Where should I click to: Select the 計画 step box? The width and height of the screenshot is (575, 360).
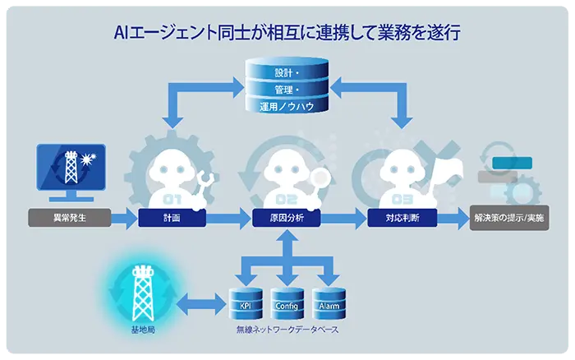pos(171,219)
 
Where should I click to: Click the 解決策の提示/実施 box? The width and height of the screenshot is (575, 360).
pos(508,219)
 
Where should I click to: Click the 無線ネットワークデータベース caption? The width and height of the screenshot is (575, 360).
pos(287,330)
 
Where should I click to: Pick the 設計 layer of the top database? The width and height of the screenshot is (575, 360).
pos(287,72)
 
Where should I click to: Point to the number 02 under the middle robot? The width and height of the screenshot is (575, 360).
pos(286,200)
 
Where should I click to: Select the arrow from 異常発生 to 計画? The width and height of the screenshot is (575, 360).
pos(124,219)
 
